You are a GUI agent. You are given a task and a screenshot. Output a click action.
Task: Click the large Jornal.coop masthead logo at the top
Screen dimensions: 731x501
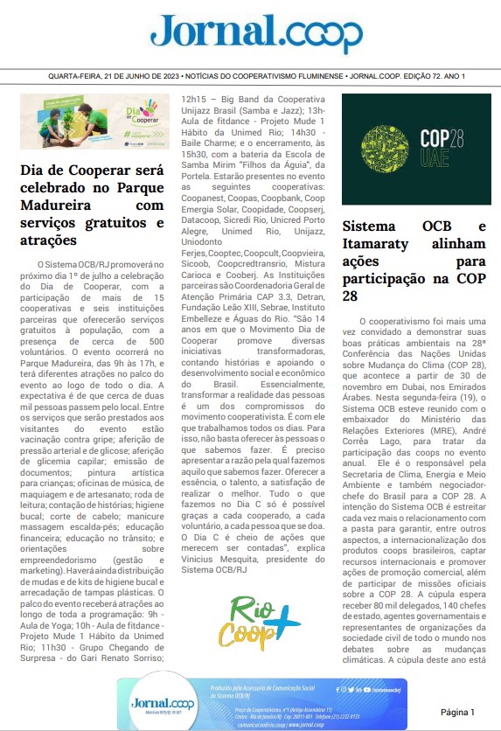pyautogui.click(x=250, y=33)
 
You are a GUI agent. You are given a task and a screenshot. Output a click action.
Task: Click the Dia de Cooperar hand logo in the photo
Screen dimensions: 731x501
pyautogui.click(x=129, y=115)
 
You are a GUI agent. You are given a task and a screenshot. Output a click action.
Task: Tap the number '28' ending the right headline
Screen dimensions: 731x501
pyautogui.click(x=351, y=296)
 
